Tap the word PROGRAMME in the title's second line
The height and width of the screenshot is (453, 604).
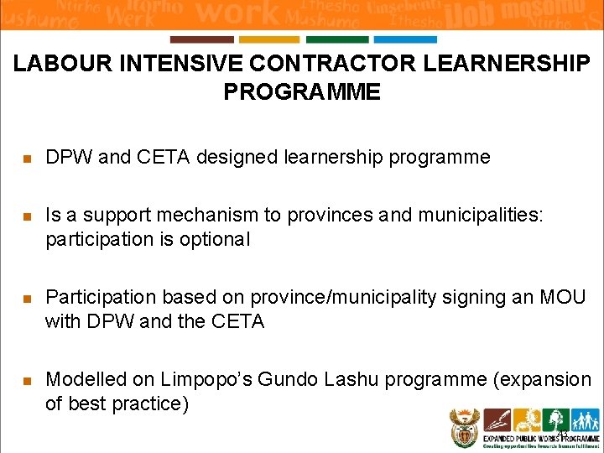[x=302, y=91]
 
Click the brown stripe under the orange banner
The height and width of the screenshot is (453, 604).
[x=201, y=39]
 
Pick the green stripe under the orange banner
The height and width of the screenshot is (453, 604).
[x=337, y=39]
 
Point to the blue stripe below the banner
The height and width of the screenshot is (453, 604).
[x=405, y=39]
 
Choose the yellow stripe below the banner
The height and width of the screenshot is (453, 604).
[x=269, y=39]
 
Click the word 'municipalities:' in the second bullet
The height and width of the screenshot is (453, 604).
[x=481, y=216]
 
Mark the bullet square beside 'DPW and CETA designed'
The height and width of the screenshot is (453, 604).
[x=27, y=159]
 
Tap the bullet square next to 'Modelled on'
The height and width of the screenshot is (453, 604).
[x=27, y=380]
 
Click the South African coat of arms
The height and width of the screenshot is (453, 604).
[x=463, y=427]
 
